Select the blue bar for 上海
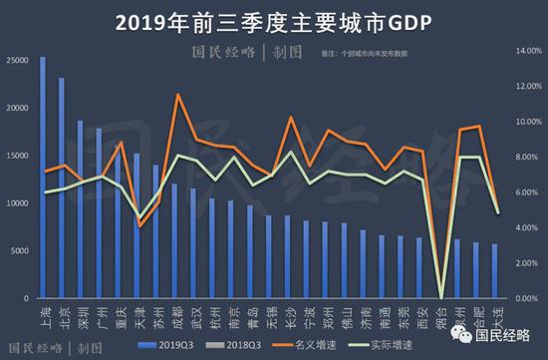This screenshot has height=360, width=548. [x=42, y=180]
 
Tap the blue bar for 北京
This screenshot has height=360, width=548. [x=61, y=189]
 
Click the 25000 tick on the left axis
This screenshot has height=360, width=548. [x=17, y=60]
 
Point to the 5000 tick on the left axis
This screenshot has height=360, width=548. [x=20, y=251]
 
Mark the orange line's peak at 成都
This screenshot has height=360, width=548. [x=177, y=95]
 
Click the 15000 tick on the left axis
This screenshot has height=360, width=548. [x=17, y=156]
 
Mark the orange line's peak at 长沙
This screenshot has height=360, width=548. [x=290, y=118]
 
